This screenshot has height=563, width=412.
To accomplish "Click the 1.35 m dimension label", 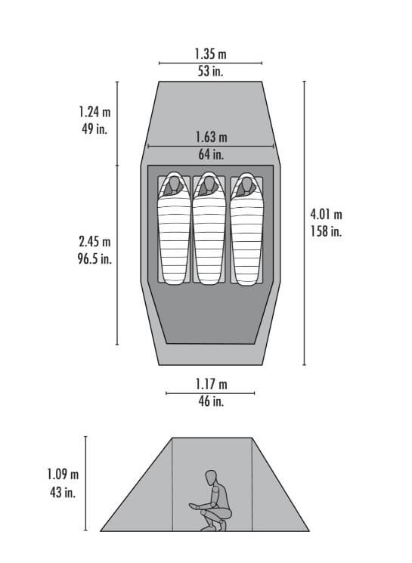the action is tap(210, 54).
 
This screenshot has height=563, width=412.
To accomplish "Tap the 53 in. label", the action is tap(210, 71).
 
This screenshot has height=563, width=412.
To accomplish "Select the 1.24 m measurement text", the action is tap(94, 112).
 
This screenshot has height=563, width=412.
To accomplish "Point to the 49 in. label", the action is tap(94, 128).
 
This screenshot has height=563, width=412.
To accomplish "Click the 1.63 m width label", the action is tap(211, 137).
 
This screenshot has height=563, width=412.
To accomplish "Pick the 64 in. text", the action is tap(211, 153).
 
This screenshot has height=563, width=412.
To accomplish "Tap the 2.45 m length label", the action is tap(94, 242).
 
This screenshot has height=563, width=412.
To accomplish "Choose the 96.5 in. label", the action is tap(94, 258).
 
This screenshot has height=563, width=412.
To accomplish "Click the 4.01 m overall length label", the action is tap(326, 215).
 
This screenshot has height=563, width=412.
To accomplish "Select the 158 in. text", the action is tap(326, 231).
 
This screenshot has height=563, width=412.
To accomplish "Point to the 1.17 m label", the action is tap(211, 384).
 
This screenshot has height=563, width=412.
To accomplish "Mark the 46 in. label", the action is tap(211, 401).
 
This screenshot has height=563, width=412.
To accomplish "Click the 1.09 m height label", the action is tap(63, 475).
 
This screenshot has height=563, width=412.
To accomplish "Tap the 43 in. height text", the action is tap(63, 492).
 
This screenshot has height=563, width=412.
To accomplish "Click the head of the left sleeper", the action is tap(174, 184).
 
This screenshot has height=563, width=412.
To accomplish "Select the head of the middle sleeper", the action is tap(209, 184).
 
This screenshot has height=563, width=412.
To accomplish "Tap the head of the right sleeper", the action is tap(246, 184).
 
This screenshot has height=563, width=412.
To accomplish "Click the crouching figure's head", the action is tap(211, 478).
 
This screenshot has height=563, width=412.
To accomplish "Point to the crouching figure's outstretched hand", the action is tap(194, 506).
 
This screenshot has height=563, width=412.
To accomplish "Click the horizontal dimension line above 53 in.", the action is tap(210, 63).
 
